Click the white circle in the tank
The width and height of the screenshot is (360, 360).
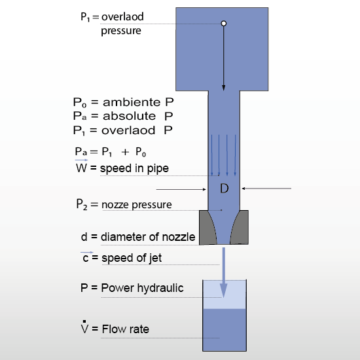tap(224, 24)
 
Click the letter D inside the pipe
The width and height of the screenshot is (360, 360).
tap(224, 189)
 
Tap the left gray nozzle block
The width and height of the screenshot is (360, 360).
tap(207, 227)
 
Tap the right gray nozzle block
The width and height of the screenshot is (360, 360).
tap(240, 227)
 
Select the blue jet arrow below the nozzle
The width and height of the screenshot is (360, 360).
tap(224, 272)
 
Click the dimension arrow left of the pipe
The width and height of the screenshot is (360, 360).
tap(181, 189)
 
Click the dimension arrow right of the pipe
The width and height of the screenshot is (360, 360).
tap(266, 189)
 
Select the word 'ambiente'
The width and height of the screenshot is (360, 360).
tap(132, 102)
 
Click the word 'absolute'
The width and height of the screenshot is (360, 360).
tap(129, 116)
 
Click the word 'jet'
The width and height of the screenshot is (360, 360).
tap(155, 258)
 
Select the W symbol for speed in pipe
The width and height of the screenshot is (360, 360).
tap(82, 168)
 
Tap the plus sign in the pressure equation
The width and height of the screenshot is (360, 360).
tap(125, 152)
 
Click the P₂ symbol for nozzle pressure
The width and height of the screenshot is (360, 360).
tap(82, 204)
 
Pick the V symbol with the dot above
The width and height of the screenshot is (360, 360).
tap(84, 327)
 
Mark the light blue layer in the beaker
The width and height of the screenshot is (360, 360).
tap(225, 295)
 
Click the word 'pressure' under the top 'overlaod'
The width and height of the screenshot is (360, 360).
tap(121, 31)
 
